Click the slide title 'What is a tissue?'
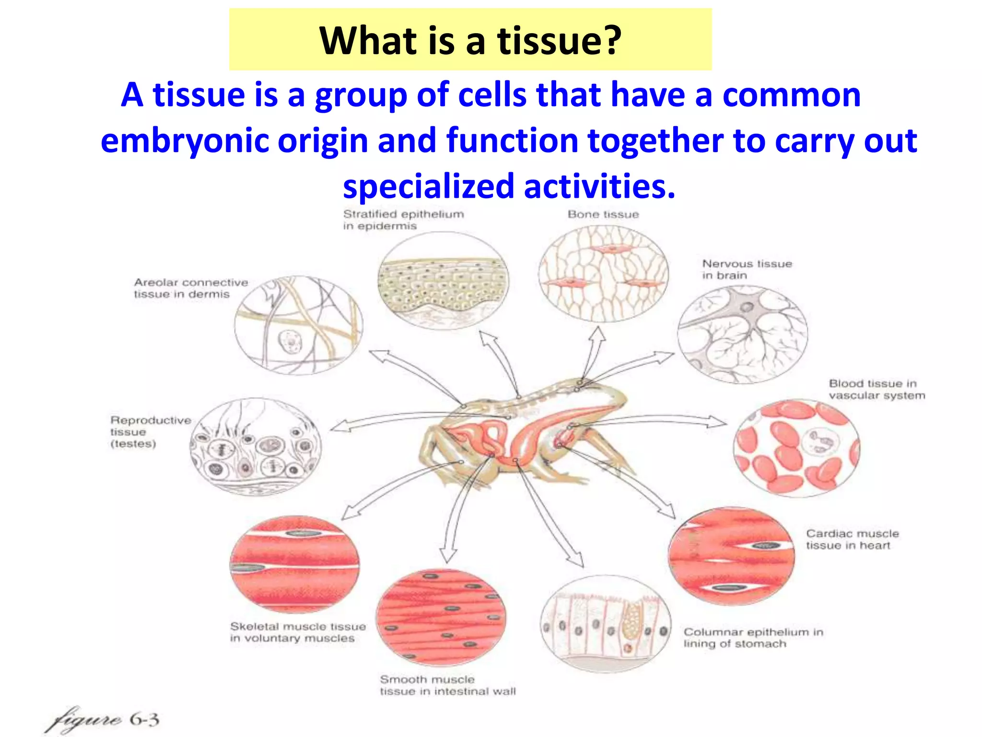click(x=470, y=40)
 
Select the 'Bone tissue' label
click(x=603, y=214)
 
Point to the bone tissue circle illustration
click(x=603, y=274)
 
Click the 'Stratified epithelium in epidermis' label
click(x=403, y=220)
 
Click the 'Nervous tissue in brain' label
click(x=747, y=269)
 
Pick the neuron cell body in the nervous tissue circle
click(x=746, y=307)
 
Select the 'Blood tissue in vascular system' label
click(x=877, y=389)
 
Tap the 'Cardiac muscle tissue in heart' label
click(x=852, y=539)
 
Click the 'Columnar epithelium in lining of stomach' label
click(x=753, y=638)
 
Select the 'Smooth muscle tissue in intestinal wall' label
click(x=447, y=685)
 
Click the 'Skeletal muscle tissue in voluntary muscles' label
click(x=297, y=632)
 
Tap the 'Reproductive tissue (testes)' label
click(x=150, y=431)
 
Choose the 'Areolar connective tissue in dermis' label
click(x=190, y=288)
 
